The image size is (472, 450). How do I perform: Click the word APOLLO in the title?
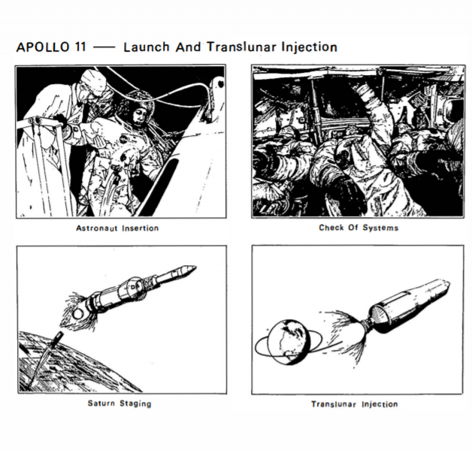41,47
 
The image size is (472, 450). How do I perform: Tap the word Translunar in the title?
225,47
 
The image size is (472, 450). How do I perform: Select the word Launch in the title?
143,47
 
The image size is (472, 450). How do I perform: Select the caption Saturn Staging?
120,403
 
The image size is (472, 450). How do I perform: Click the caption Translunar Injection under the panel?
355,404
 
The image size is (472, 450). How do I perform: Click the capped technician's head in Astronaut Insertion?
95,83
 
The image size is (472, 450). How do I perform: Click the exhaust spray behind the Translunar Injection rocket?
344,331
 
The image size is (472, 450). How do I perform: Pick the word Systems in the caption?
382,228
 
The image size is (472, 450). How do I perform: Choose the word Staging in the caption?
135,403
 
